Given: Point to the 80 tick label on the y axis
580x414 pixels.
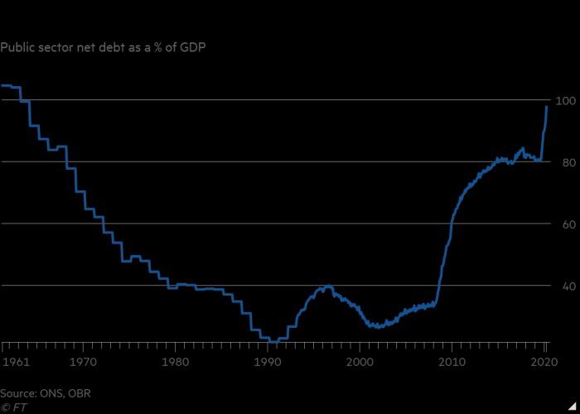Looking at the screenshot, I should [x=568, y=163].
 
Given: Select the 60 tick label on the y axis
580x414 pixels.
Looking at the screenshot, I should [x=568, y=225].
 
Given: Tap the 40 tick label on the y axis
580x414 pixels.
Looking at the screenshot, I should [x=568, y=287].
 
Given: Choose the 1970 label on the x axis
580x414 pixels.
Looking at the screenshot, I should [x=80, y=362].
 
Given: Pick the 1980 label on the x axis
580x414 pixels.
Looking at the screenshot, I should [x=174, y=362].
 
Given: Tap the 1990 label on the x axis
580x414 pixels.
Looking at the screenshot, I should [x=267, y=362].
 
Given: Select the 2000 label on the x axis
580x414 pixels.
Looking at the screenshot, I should [x=360, y=362].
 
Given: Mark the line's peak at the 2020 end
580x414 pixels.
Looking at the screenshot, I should [x=547, y=107].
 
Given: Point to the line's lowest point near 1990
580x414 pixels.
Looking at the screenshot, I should [x=272, y=341].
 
